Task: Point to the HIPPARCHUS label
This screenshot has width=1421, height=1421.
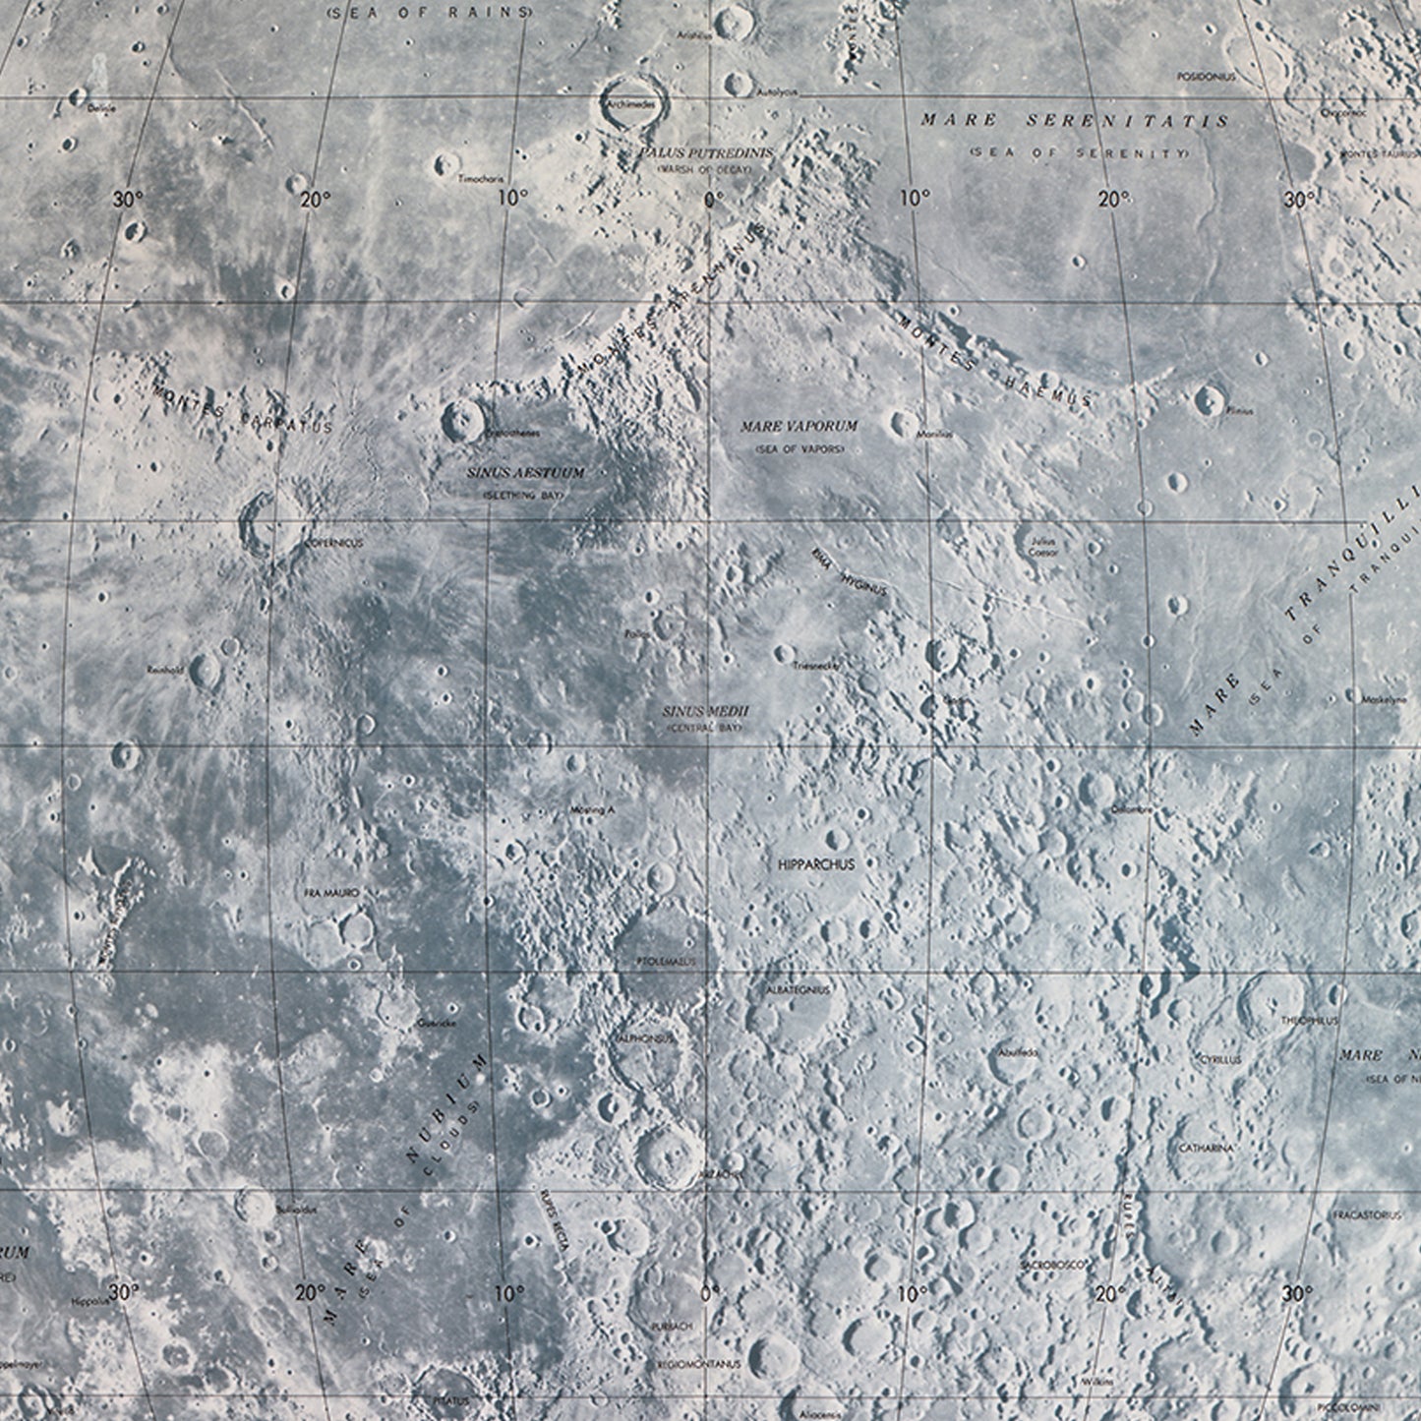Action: (x=815, y=864)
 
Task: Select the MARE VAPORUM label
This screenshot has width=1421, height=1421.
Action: (x=799, y=427)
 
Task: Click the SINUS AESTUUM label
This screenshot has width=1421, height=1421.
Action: (x=525, y=473)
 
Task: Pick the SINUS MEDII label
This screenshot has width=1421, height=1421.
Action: (x=705, y=710)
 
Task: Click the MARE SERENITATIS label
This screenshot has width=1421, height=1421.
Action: (x=1075, y=121)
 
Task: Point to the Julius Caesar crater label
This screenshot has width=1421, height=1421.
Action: (x=1042, y=547)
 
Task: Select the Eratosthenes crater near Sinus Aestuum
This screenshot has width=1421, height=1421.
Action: (x=461, y=420)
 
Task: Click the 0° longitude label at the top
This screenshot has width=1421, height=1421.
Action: (x=713, y=199)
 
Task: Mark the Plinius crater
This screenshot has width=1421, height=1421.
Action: (x=1208, y=398)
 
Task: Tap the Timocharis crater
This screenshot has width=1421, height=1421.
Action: (x=448, y=162)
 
